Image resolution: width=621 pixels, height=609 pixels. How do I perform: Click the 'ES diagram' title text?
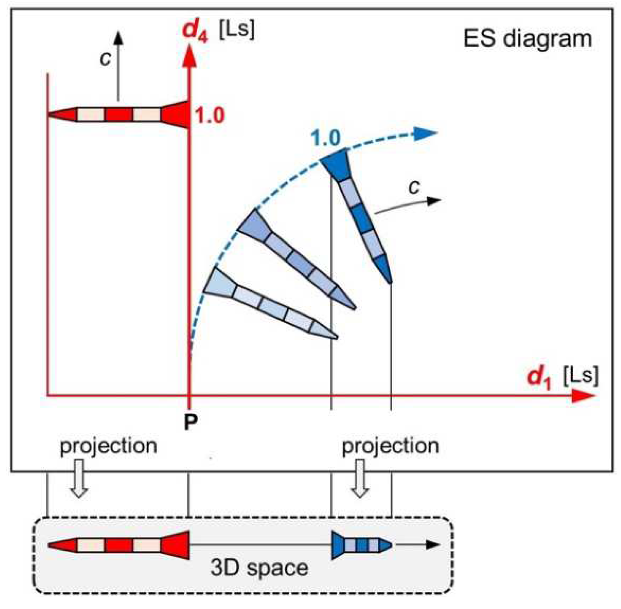(527, 39)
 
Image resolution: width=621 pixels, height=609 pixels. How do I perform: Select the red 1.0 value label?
(210, 115)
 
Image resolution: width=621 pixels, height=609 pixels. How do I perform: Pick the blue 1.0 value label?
(326, 138)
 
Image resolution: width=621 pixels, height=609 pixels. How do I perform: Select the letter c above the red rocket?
(105, 58)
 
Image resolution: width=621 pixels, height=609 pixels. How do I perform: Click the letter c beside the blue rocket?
(414, 187)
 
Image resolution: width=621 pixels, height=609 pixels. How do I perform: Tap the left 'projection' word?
(108, 446)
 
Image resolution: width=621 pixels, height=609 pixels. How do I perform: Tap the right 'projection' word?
(390, 446)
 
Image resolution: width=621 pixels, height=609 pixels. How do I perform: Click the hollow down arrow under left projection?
(79, 478)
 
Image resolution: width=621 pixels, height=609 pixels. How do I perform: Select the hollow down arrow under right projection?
(360, 478)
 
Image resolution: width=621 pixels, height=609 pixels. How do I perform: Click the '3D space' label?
(259, 568)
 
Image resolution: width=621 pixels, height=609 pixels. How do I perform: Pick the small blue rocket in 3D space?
(361, 545)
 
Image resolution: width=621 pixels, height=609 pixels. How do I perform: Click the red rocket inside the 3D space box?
(119, 545)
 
